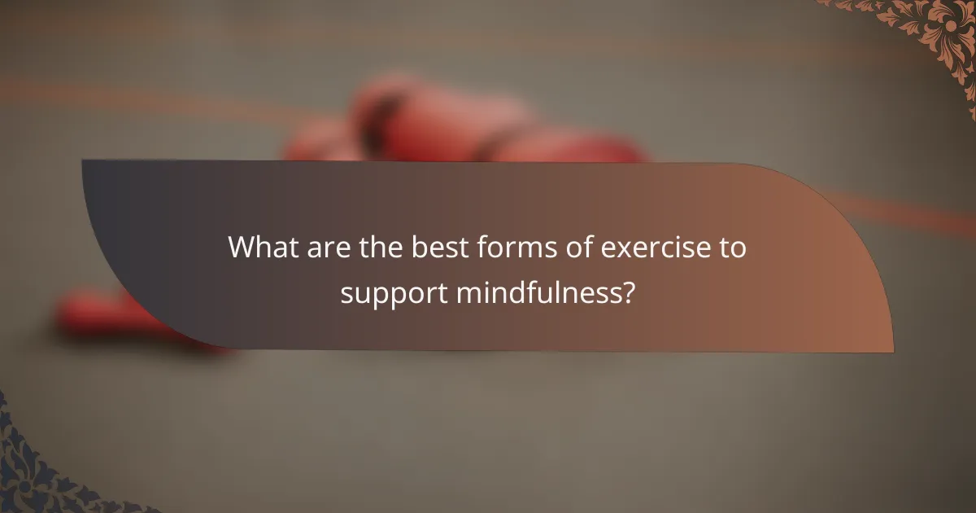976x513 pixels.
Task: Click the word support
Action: (393, 294)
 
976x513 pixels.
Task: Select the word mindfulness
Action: (539, 292)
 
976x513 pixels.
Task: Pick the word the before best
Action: (371, 248)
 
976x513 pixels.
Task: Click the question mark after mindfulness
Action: (628, 292)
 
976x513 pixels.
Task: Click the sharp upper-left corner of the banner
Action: (83, 161)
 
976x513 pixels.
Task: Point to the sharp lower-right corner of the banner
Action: (892, 352)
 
